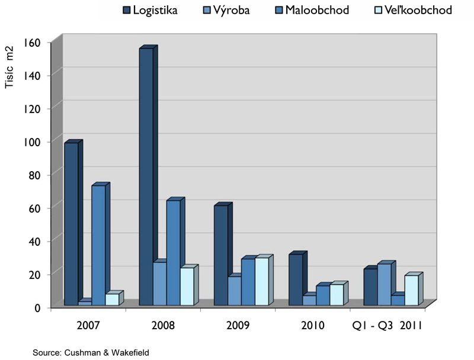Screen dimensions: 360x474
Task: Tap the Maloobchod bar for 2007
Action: pyautogui.click(x=98, y=245)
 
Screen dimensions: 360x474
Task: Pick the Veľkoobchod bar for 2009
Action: pyautogui.click(x=261, y=282)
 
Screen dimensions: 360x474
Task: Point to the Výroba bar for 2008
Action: pyautogui.click(x=159, y=284)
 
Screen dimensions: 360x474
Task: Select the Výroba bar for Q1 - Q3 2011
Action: pyautogui.click(x=384, y=285)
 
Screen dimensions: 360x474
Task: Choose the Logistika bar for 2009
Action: pyautogui.click(x=220, y=255)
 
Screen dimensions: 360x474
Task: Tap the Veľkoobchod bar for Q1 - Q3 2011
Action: pyautogui.click(x=411, y=291)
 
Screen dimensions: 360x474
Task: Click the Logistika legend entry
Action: pyautogui.click(x=151, y=10)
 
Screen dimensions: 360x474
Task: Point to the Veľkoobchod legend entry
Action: pyautogui.click(x=409, y=10)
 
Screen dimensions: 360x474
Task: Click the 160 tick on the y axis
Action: pyautogui.click(x=33, y=42)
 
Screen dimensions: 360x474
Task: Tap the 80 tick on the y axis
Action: pyautogui.click(x=35, y=175)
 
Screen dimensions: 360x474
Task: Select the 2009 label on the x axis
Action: pyautogui.click(x=238, y=326)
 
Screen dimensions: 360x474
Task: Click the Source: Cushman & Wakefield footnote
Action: pyautogui.click(x=91, y=352)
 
